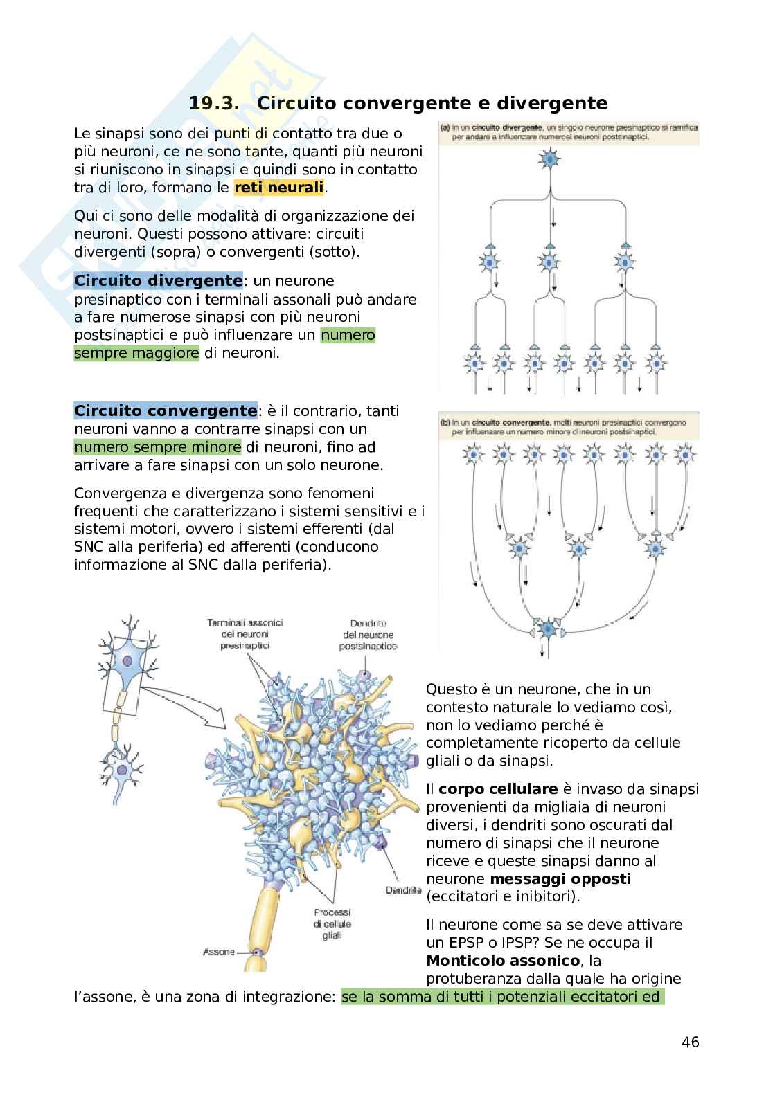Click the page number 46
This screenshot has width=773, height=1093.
[x=690, y=1042]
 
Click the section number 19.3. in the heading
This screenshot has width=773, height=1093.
[x=214, y=104]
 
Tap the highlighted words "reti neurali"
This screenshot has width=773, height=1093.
[x=279, y=188]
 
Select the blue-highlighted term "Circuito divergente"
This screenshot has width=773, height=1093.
[x=158, y=281]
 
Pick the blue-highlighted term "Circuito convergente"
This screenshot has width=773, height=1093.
[x=165, y=411]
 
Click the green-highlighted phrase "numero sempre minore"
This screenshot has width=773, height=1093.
[x=158, y=447]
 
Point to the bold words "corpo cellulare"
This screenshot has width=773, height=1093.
[x=498, y=789]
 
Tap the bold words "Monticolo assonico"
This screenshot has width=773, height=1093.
[x=503, y=961]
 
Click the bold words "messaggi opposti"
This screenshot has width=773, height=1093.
[x=560, y=879]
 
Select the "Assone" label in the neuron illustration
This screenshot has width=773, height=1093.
[x=219, y=952]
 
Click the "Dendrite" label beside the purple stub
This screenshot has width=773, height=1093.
[x=403, y=889]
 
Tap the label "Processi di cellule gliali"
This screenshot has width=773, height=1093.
[x=332, y=924]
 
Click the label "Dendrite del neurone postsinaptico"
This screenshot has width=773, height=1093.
[x=368, y=635]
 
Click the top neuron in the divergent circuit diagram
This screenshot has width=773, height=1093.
[x=548, y=159]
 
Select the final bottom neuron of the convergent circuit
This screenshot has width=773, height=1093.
[x=548, y=629]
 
